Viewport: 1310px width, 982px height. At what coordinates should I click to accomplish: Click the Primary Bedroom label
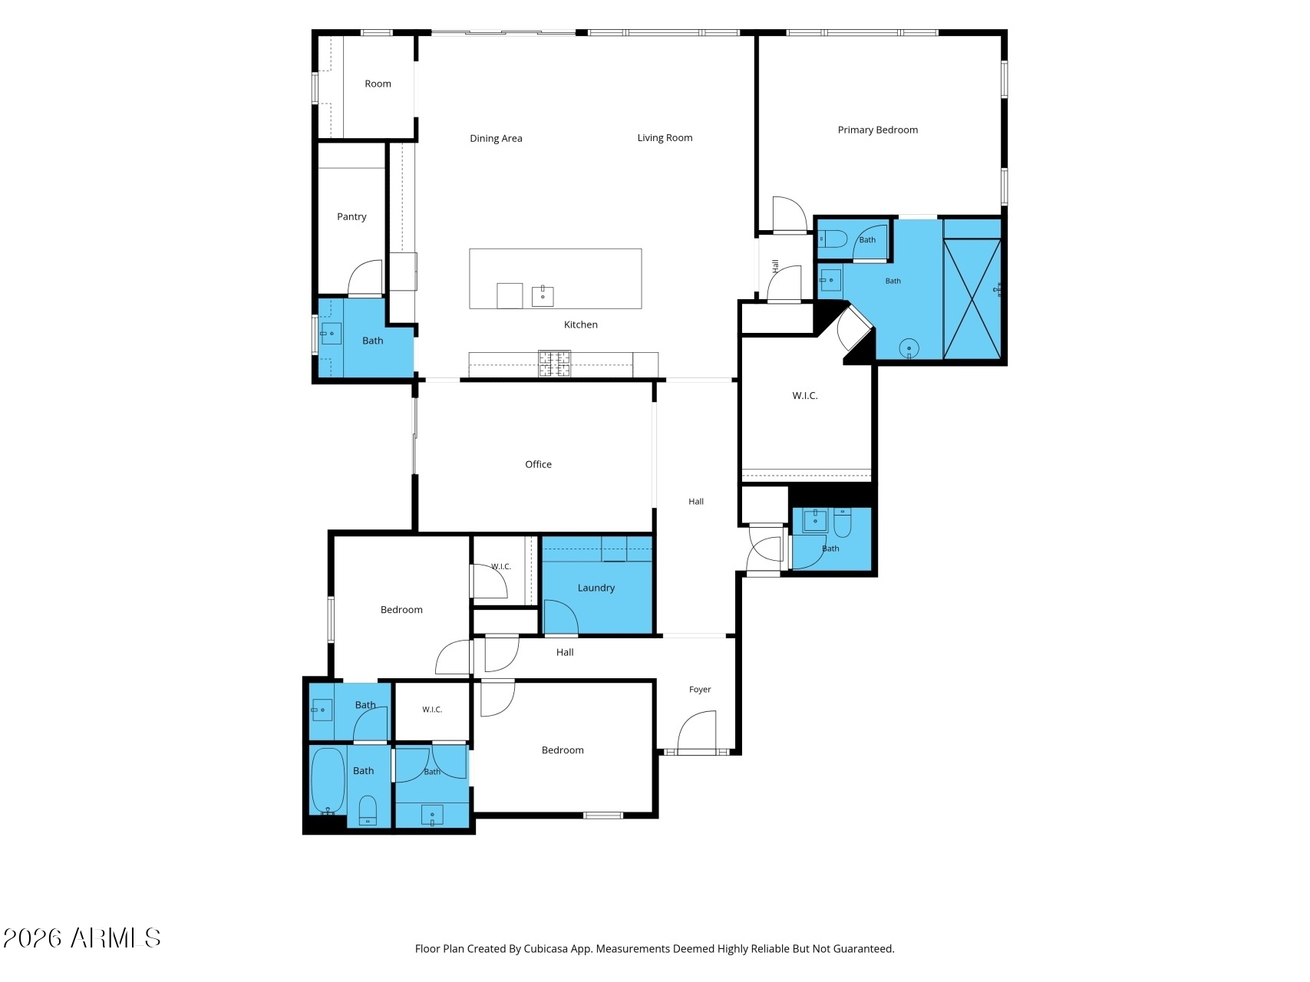[877, 130]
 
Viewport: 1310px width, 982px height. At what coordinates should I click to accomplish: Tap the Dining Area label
[496, 138]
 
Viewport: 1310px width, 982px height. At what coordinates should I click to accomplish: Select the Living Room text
[665, 138]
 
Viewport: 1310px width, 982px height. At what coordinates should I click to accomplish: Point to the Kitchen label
[580, 325]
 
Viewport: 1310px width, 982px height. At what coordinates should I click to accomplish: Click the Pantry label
[351, 217]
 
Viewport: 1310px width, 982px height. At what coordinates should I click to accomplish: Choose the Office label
[538, 464]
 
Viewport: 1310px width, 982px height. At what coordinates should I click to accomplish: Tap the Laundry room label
[596, 588]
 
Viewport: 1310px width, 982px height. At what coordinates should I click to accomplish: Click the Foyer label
[700, 690]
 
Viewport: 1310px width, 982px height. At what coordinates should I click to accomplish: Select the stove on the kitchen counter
[554, 364]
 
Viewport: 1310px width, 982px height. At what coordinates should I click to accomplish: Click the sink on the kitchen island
[543, 295]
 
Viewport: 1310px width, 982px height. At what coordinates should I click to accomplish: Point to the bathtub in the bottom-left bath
[328, 780]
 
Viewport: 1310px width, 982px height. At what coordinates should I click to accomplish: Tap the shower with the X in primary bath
[972, 298]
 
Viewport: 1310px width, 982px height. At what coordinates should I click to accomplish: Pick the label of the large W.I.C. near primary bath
[805, 396]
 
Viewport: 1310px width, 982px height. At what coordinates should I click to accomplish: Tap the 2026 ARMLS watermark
[81, 938]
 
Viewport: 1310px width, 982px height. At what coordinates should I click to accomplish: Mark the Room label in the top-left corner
[378, 84]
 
